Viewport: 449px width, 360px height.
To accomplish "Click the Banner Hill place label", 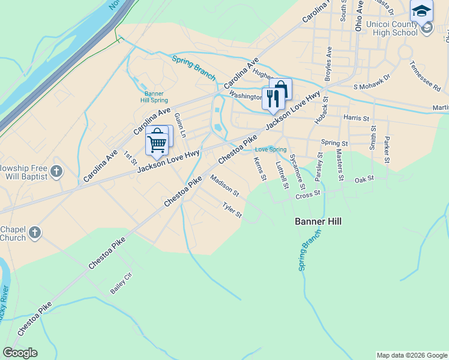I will [318, 221].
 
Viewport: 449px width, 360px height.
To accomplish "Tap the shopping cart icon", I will [157, 142].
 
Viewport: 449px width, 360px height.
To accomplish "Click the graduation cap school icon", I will [421, 11].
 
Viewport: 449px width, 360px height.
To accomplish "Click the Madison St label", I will [224, 186].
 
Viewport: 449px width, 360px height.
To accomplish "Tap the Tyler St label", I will [232, 210].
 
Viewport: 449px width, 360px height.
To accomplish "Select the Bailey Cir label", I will [121, 284].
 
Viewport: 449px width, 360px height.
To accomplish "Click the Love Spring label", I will [271, 149].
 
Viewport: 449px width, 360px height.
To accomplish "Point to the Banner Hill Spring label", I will [154, 97].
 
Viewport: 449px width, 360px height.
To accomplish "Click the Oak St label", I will [364, 179].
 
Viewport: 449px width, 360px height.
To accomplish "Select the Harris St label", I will [355, 118].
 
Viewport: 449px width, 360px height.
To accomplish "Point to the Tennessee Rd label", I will [425, 76].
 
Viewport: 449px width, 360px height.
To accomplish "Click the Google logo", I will [20, 353].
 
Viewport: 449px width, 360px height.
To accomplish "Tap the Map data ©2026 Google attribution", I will [412, 355].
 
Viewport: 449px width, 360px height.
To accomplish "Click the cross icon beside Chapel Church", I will [35, 233].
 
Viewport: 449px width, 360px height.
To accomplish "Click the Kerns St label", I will [259, 169].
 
